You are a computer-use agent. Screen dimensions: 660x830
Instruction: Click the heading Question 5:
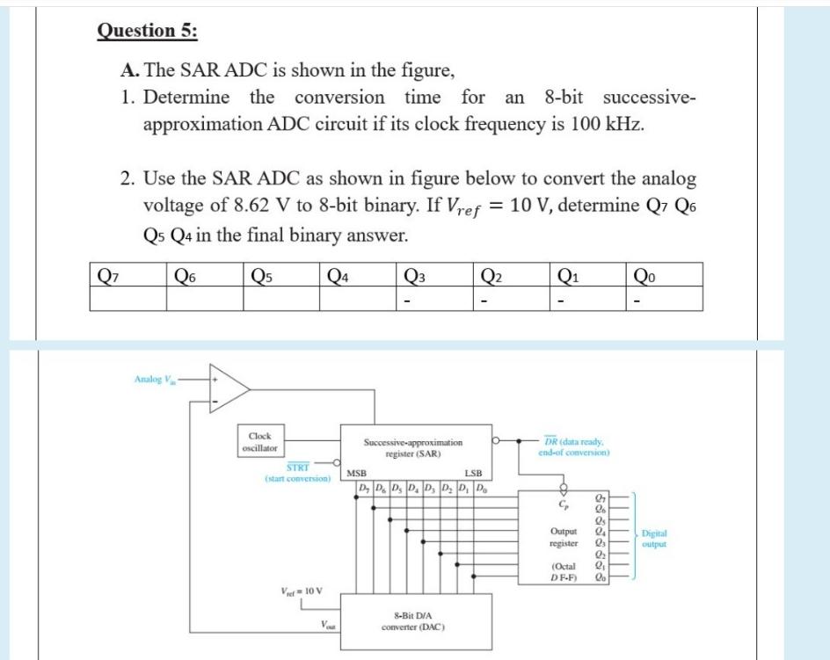coord(147,31)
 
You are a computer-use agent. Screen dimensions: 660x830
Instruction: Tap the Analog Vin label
coord(155,379)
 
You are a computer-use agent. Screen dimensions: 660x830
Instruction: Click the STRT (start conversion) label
coord(297,474)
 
